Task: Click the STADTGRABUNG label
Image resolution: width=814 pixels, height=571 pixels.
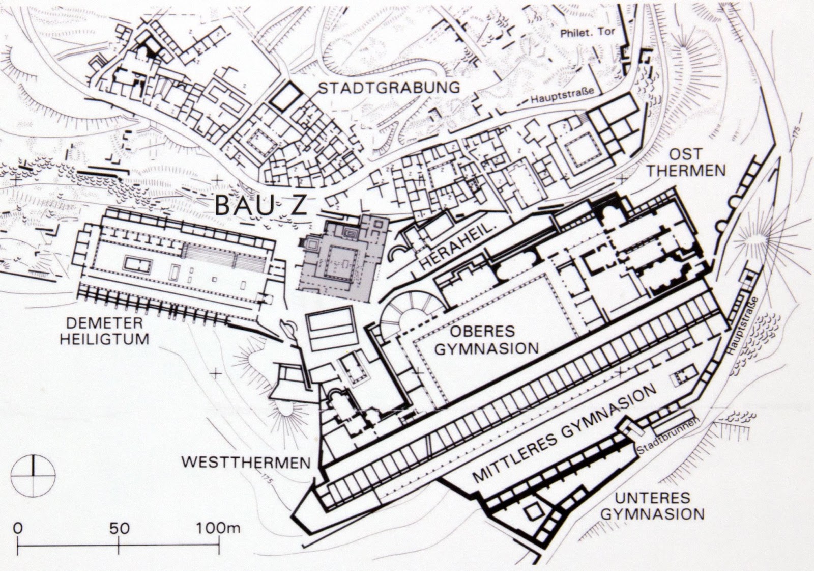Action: (x=389, y=88)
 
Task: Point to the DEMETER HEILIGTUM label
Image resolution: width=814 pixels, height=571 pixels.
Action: (x=104, y=331)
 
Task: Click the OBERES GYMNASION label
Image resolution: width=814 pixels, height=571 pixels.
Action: (x=486, y=340)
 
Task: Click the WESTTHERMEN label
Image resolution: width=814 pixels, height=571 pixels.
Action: (x=246, y=463)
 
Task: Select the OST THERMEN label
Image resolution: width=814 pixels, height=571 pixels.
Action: (x=685, y=162)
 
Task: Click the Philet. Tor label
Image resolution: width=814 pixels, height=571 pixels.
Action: (x=587, y=32)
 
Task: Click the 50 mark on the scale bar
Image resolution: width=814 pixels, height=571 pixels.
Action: (x=119, y=528)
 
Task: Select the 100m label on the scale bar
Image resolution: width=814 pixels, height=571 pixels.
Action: (x=218, y=528)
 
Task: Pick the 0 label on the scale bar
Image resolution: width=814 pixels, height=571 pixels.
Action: (x=18, y=528)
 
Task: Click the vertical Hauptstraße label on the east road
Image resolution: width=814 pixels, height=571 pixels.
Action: (x=742, y=326)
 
